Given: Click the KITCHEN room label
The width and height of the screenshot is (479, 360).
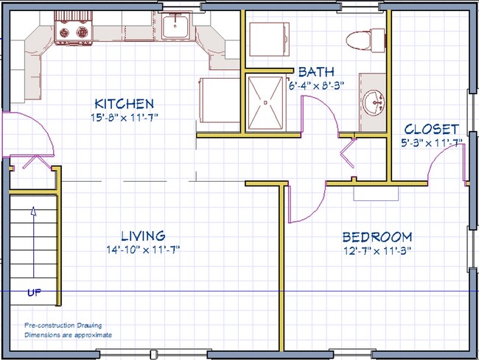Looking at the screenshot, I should [x=123, y=104].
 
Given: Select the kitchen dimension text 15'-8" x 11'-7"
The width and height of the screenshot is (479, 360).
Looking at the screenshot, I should [x=123, y=117].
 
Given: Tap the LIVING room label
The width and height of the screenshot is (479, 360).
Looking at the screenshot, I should [x=143, y=236].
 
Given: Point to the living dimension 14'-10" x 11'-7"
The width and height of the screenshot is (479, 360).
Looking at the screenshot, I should [x=143, y=250].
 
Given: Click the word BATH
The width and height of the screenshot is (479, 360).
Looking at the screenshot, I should [x=317, y=72].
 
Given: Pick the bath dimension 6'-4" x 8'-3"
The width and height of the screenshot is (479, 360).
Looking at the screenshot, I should [x=317, y=85].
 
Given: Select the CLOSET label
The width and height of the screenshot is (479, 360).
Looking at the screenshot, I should [x=431, y=128].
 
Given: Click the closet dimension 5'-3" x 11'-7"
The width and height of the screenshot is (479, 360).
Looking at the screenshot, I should [x=431, y=142].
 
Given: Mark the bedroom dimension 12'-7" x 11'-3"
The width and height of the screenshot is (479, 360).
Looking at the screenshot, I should [x=377, y=250].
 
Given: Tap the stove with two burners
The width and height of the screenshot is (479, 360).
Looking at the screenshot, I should [x=72, y=33].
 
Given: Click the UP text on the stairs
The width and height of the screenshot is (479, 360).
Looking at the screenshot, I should [x=34, y=293].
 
